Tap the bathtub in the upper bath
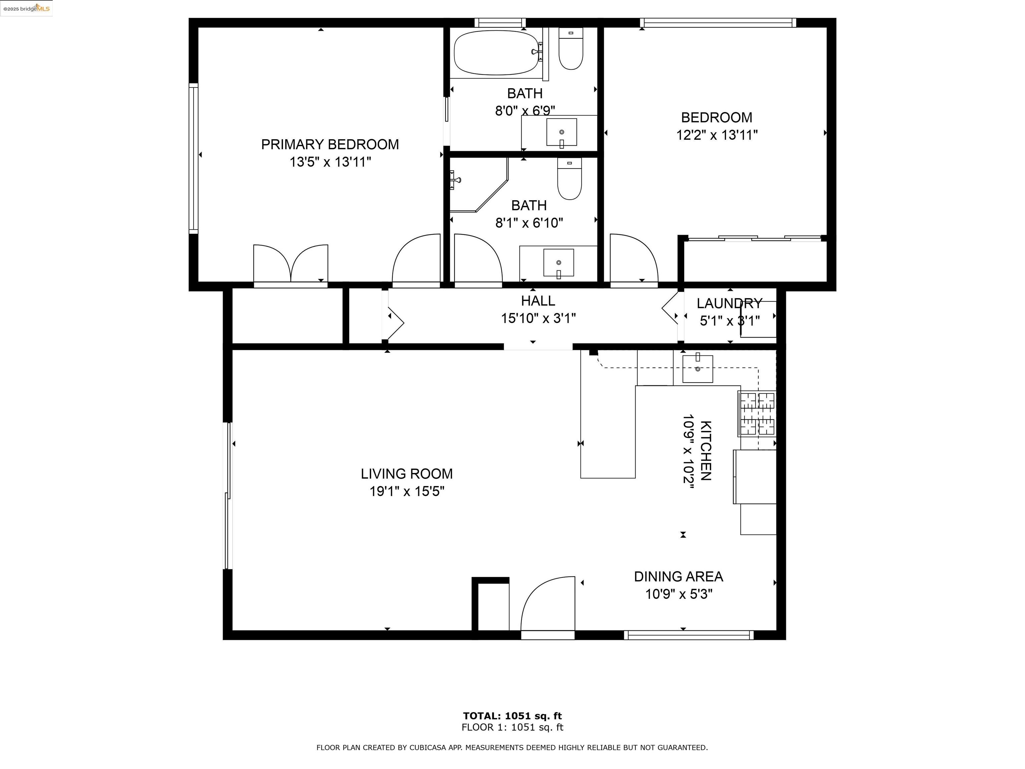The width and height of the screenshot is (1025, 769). click(496, 52)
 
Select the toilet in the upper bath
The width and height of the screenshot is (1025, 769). click(571, 49)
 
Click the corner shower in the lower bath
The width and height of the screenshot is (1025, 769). click(477, 185)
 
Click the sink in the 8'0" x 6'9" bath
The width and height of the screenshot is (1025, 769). click(562, 132)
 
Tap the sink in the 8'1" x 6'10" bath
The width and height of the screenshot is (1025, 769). click(558, 263)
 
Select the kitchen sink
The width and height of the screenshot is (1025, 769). click(697, 368)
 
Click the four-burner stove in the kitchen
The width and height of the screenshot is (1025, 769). click(757, 414)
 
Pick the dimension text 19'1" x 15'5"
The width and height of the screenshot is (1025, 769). click(406, 491)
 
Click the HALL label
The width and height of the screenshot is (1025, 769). click(538, 301)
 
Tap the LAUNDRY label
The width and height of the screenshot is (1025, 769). click(729, 304)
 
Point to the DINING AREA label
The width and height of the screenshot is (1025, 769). click(678, 577)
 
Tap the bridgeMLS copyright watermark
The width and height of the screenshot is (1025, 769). click(26, 8)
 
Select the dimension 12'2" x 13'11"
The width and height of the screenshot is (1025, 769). click(716, 135)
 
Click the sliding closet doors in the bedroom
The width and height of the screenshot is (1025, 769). click(754, 238)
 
